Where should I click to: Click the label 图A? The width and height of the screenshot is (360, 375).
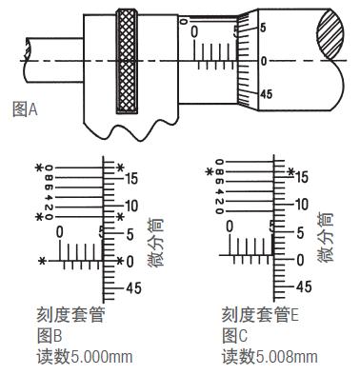[x=25, y=109]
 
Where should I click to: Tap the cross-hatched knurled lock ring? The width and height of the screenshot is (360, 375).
[x=127, y=61]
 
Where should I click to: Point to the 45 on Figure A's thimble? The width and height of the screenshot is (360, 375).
[x=266, y=94]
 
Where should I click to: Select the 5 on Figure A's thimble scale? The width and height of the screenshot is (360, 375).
[x=263, y=28]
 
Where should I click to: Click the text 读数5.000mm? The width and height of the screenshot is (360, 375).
[x=85, y=357]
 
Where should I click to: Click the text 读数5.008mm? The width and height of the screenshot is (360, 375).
[x=270, y=357]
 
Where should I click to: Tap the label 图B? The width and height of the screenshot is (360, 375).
[x=50, y=336]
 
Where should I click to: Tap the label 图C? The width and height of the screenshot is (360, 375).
[x=234, y=336]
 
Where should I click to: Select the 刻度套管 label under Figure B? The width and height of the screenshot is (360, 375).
[x=70, y=315]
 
